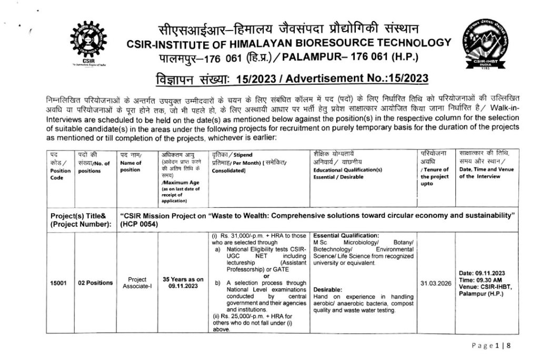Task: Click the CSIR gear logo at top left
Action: [x=88, y=42]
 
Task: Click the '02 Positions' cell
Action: [x=95, y=283]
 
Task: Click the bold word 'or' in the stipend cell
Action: [x=266, y=276]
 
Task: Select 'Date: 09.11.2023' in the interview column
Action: [x=482, y=273]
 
